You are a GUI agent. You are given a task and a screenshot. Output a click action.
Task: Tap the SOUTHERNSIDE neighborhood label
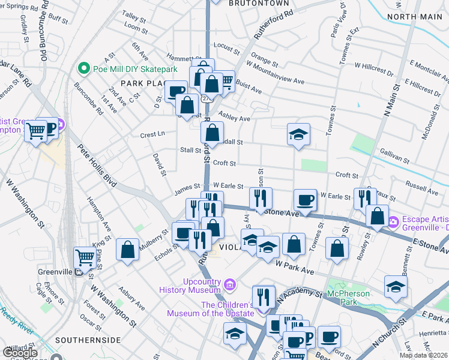88,340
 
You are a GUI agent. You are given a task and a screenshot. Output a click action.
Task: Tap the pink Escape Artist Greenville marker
393,222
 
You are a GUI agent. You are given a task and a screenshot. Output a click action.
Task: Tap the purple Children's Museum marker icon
261,311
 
